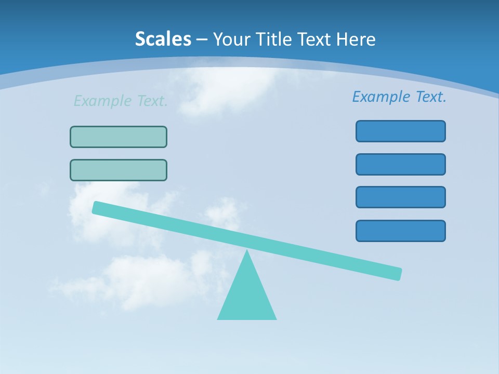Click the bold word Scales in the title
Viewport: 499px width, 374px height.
[x=163, y=39]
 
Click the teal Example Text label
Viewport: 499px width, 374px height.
[x=121, y=101]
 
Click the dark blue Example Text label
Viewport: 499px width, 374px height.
[x=399, y=97]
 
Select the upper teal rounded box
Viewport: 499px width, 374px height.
[x=119, y=137]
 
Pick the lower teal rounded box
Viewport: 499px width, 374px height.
[x=119, y=170]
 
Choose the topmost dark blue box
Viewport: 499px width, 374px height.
[x=400, y=131]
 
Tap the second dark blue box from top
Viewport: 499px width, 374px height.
[x=400, y=164]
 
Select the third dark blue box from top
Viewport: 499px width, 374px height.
[x=400, y=197]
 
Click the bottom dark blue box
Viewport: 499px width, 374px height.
[x=400, y=231]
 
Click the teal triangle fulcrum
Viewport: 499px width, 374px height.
[x=247, y=296]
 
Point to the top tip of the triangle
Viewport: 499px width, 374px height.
[x=247, y=251]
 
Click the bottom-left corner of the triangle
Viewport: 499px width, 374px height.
[x=219, y=318]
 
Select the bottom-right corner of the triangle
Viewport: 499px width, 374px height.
[x=275, y=318]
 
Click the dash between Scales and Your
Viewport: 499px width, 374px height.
[x=202, y=39]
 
